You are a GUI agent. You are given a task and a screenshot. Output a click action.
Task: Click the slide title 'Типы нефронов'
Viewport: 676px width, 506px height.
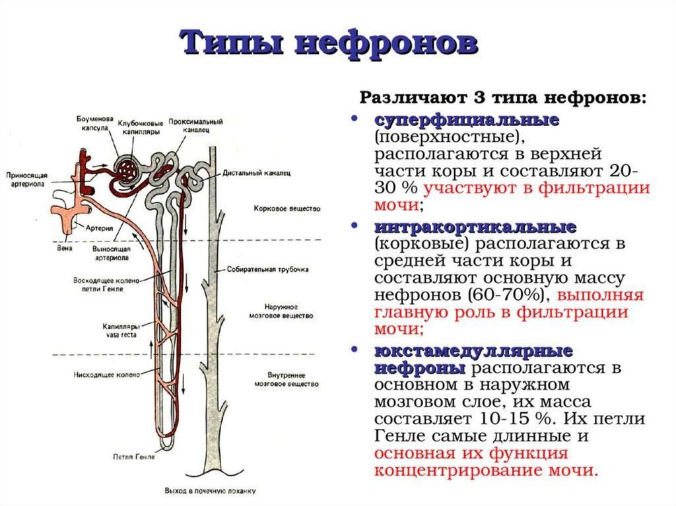coord(329,43)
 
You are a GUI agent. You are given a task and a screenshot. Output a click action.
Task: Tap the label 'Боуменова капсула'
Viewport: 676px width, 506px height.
coord(95,123)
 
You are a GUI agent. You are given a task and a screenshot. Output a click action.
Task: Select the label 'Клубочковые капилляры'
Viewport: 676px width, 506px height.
coord(141,127)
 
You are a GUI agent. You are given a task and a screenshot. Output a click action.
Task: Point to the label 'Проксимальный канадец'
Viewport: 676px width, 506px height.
coord(195,125)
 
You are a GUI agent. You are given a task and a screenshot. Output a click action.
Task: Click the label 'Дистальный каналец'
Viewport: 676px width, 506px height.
coord(257,173)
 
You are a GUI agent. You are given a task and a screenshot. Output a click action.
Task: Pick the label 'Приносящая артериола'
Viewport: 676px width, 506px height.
coord(26,179)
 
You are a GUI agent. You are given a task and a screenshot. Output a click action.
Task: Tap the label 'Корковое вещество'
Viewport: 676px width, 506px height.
coord(287,208)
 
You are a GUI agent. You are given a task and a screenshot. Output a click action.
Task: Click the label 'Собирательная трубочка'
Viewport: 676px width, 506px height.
coord(268,269)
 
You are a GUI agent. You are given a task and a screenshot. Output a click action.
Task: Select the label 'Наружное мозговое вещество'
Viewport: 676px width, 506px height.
coord(281,311)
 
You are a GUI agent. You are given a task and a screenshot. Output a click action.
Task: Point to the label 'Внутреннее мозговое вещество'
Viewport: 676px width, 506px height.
coord(287,379)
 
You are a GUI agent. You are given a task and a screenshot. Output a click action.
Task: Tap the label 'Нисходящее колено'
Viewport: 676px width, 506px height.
coord(106,375)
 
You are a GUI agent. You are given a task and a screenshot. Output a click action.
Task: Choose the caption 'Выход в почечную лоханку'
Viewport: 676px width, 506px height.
coord(210,490)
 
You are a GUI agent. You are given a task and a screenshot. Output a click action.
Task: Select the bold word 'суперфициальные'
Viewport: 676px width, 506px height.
coord(467,120)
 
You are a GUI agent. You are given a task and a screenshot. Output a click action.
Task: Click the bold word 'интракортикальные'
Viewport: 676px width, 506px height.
coord(475,227)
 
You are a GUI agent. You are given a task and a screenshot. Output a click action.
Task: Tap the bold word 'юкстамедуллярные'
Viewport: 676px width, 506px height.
coord(473,350)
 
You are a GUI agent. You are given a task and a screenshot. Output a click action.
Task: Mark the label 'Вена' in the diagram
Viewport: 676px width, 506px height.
coord(65,249)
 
